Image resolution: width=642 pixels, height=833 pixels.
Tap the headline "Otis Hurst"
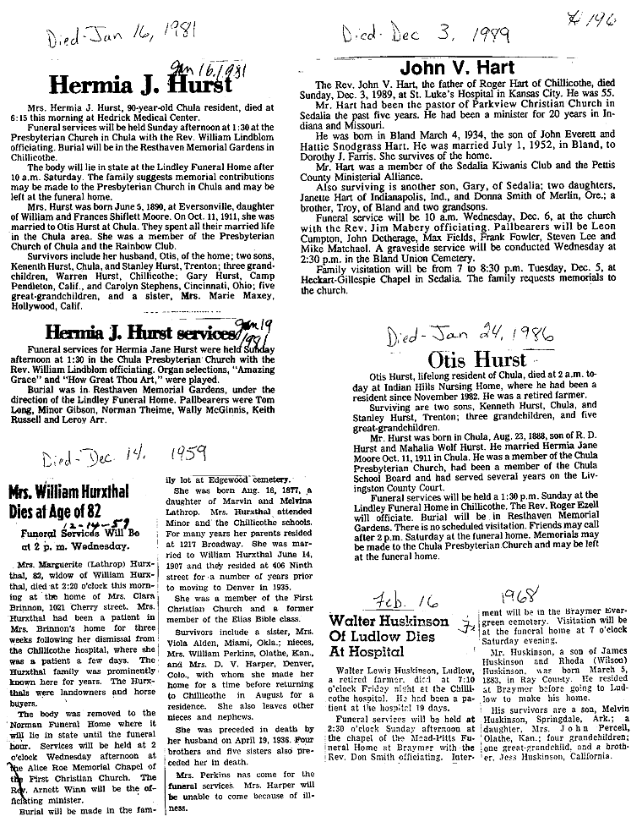[x=476, y=359]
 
